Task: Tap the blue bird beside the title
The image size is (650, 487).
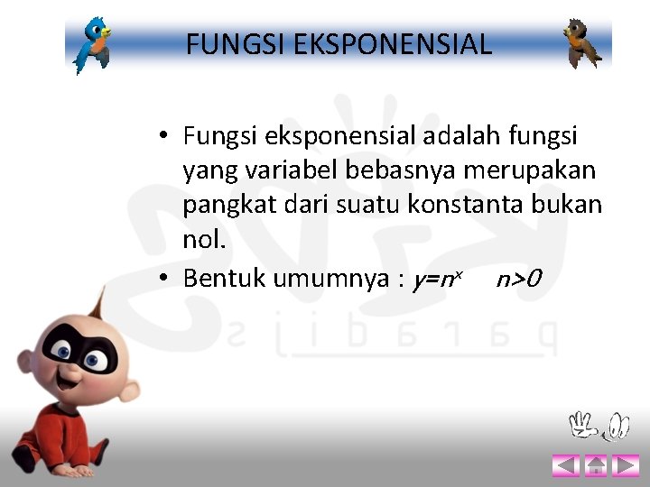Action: tap(93, 44)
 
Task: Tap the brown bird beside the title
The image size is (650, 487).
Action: tap(582, 43)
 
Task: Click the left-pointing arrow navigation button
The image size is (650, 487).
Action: tap(565, 465)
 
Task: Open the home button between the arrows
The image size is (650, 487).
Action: tap(596, 465)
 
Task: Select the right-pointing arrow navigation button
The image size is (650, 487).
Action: tap(625, 465)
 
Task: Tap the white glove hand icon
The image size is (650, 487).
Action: tap(584, 425)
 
